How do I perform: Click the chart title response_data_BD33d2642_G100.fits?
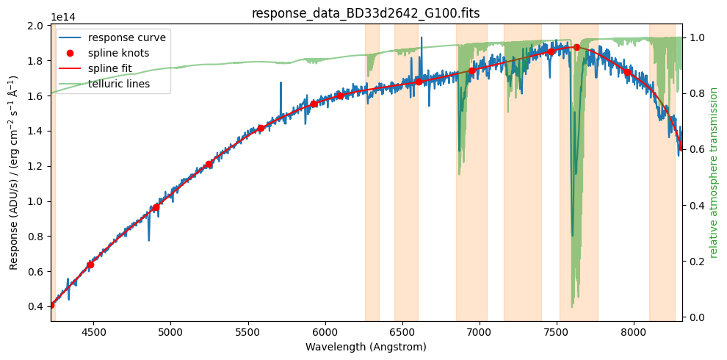(366, 13)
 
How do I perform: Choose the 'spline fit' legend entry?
(117, 68)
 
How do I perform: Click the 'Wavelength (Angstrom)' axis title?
(366, 347)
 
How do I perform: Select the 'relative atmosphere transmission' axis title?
(713, 173)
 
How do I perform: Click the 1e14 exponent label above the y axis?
(62, 17)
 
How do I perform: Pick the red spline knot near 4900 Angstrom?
(156, 207)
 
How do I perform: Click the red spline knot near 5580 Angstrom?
(261, 128)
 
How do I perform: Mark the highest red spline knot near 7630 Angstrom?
(576, 47)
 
